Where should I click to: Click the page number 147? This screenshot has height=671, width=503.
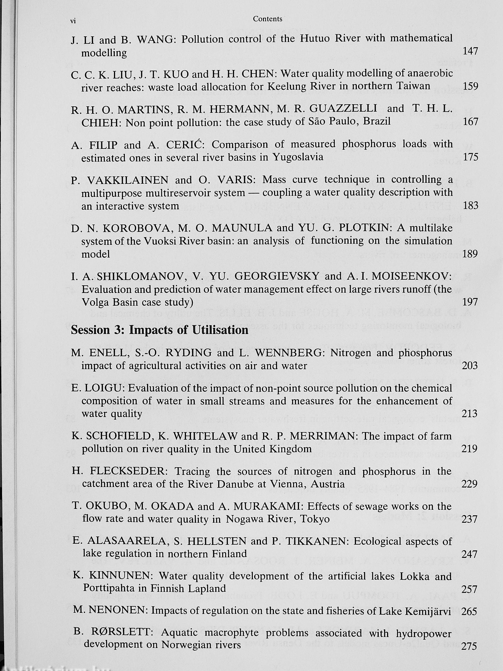click(x=470, y=51)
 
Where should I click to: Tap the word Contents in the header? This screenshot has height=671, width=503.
click(x=267, y=19)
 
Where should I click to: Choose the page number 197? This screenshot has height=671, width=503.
click(x=470, y=302)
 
